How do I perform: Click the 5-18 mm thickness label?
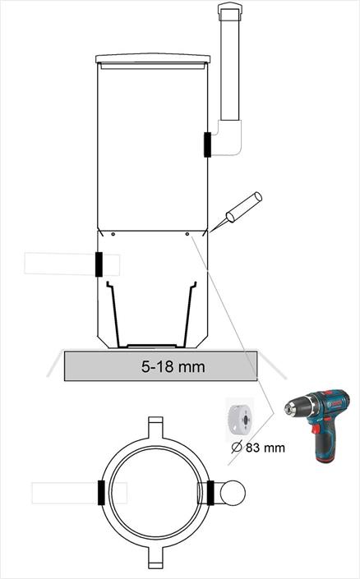click(x=173, y=366)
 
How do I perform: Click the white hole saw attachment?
click(x=240, y=419)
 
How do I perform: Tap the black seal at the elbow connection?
click(x=207, y=145)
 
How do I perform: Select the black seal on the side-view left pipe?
click(x=99, y=264)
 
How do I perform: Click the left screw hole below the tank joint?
click(x=113, y=234)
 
